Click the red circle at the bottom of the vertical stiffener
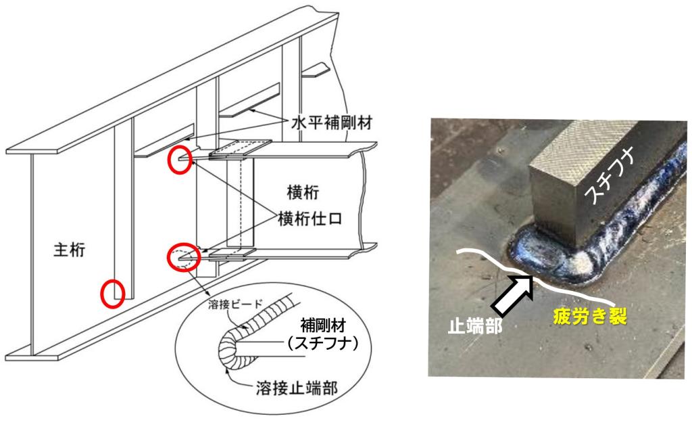tap(114, 294)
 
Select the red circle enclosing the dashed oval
tap(183, 257)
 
